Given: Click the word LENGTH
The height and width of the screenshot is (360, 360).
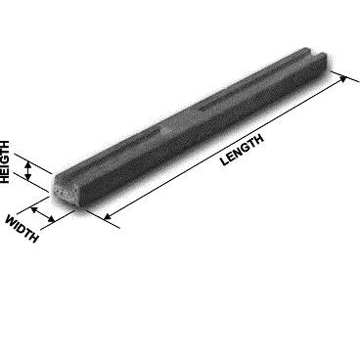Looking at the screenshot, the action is pos(242,150).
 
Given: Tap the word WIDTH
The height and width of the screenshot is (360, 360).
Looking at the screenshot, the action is pos(22,228).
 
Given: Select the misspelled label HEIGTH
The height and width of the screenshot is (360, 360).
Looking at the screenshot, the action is pos(5,162).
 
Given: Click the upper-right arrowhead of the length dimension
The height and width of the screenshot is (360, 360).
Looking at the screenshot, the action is pos(343,78).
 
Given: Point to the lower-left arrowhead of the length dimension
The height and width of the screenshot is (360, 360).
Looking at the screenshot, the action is pos(108,216).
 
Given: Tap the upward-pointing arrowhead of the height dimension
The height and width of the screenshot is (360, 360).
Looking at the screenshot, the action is pos(28,164).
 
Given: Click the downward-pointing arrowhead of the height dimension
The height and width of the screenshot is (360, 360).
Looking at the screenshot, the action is pos(28,177).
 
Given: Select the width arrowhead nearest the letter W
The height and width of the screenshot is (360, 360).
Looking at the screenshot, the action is pos(34,209).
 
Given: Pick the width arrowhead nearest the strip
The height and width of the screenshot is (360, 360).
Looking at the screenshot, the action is pos(52,219).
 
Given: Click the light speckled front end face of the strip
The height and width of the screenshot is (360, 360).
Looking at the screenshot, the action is pos(66,194).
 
